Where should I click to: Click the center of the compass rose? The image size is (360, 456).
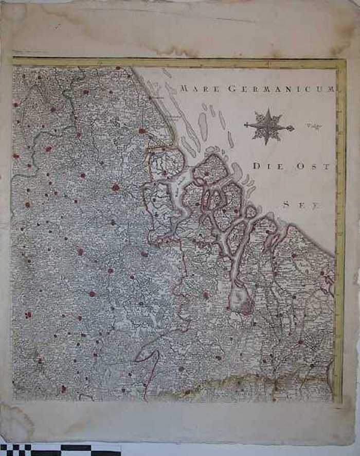[x=268, y=126]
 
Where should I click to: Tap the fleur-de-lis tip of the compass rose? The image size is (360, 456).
[x=291, y=128]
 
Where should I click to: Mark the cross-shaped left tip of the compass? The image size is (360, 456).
[x=246, y=125]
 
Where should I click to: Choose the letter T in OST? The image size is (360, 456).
[x=330, y=166]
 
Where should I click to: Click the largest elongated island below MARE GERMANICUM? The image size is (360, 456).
[x=203, y=127]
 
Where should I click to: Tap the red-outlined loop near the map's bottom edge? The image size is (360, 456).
[x=146, y=356]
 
